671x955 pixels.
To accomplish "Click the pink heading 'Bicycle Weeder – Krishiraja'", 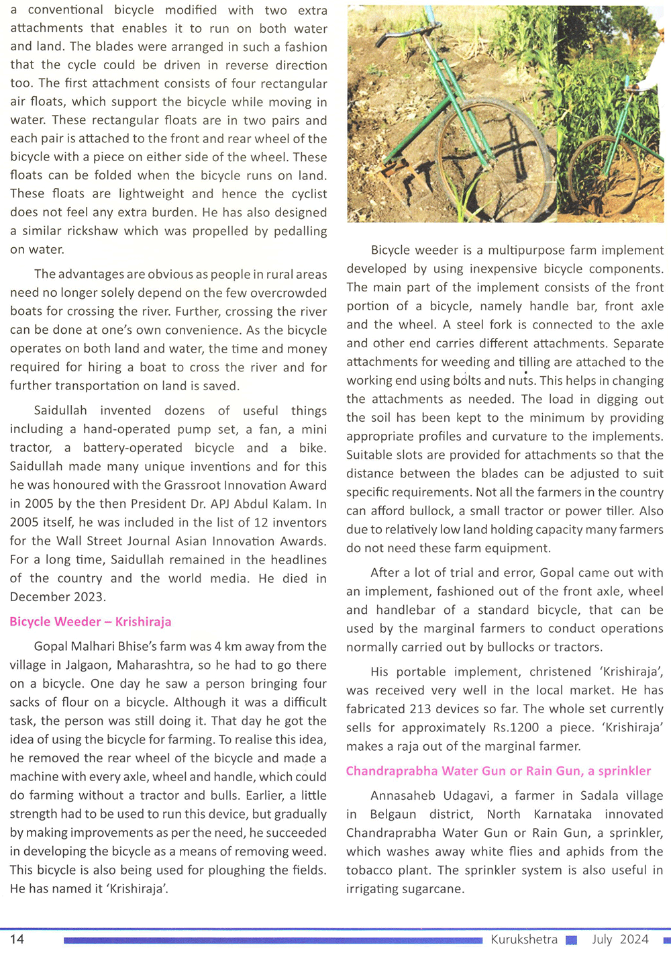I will tap(91, 621).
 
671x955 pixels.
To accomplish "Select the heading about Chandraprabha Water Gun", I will tap(498, 770).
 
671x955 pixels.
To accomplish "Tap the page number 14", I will tap(17, 939).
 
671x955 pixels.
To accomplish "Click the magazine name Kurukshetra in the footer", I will tap(523, 939).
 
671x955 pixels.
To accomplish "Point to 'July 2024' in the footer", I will tap(620, 939).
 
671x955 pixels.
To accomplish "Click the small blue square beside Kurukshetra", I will tap(571, 940).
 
